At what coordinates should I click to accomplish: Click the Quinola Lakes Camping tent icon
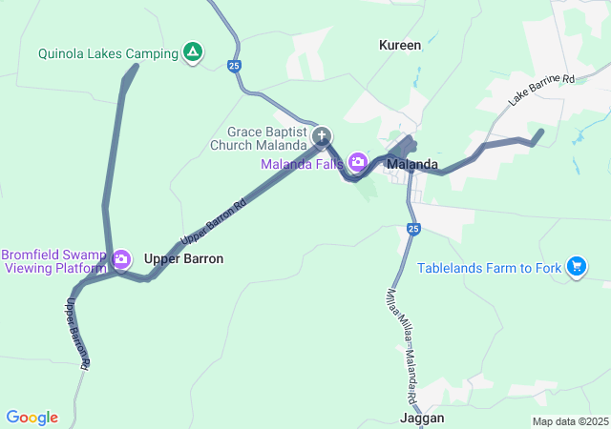coord(193,53)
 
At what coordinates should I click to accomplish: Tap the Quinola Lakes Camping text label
coord(108,53)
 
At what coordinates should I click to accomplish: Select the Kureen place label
coord(400,45)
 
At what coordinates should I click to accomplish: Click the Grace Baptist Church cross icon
coord(323,136)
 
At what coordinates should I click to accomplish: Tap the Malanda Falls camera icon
coord(358,162)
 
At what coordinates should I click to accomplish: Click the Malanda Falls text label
coord(303,163)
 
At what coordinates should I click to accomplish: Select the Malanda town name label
coord(412,164)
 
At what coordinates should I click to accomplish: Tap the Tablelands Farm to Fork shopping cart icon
coord(576,268)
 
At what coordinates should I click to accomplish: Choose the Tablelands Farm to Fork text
coord(490,268)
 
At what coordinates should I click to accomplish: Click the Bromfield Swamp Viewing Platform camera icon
coord(121,259)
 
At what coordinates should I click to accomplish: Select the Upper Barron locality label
coord(183,258)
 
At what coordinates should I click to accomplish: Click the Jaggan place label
coord(421,418)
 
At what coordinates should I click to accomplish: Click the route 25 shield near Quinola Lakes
coord(234,66)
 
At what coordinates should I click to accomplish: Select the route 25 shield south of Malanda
coord(412,229)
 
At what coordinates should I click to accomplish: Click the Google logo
coord(32,418)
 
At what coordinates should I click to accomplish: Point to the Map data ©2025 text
coord(570,421)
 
